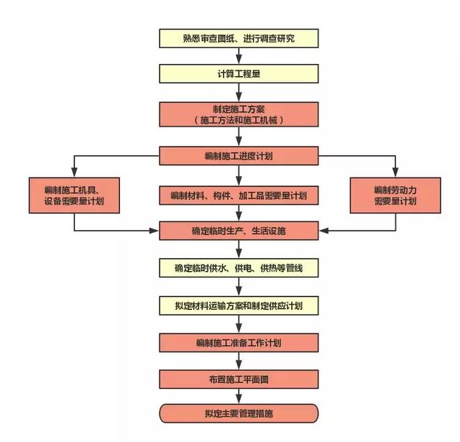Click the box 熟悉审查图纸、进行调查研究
(238, 37)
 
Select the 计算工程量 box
(238, 74)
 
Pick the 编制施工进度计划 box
(238, 156)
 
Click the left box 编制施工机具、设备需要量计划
(74, 195)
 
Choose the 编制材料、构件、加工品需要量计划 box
(238, 195)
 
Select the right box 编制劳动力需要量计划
(395, 195)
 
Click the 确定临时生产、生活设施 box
(238, 231)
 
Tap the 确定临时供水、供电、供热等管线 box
(238, 269)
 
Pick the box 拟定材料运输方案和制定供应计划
(238, 305)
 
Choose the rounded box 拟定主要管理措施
(238, 413)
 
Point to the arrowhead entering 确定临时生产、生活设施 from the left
(155, 231)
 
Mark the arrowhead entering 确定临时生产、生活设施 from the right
(322, 231)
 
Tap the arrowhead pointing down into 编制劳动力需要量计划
(395, 172)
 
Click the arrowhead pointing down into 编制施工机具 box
(74, 172)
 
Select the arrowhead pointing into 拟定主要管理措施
(238, 400)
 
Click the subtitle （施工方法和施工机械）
(238, 121)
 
